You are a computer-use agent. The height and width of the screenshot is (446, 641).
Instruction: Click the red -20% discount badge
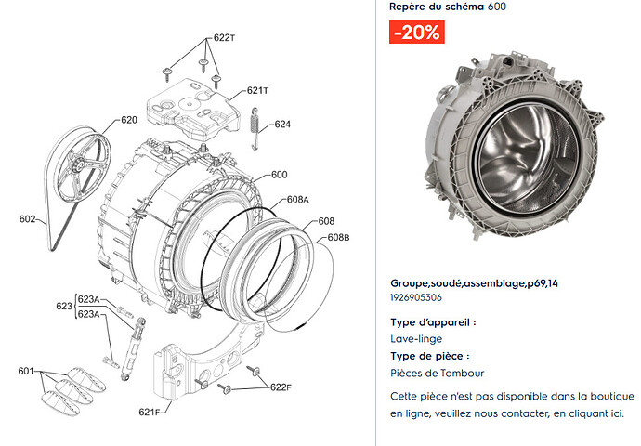click(416, 32)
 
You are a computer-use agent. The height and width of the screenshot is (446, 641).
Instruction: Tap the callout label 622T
click(225, 37)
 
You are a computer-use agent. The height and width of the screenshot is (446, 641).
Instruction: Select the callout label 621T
click(257, 90)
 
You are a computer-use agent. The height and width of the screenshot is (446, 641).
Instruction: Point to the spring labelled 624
click(255, 129)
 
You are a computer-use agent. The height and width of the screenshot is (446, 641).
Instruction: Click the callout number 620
click(129, 120)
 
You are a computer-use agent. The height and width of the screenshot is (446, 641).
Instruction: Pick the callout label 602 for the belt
click(27, 218)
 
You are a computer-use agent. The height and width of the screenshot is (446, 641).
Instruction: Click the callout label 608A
click(298, 200)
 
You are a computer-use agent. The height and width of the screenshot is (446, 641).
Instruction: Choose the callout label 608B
click(338, 238)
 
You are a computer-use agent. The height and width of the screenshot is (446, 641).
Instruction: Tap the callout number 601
click(26, 371)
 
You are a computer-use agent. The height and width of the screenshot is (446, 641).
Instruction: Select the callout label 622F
click(281, 387)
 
